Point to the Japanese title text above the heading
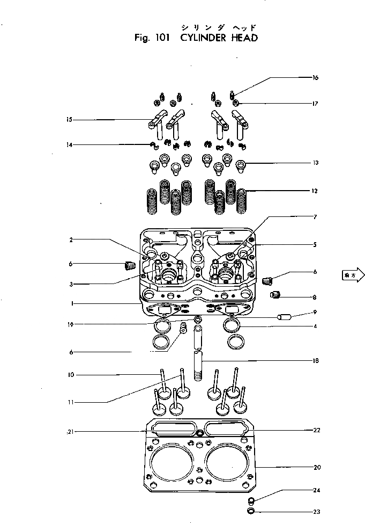pos(218,26)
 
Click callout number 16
pos(316,78)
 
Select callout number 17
pos(316,103)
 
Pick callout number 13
pos(316,163)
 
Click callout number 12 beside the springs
pos(316,191)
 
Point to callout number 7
pos(316,217)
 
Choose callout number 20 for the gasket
pos(317,467)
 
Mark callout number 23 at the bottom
pos(317,512)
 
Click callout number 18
pos(316,361)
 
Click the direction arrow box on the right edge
pos(352,275)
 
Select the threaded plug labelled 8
pos(276,294)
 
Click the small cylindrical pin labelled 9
pos(283,317)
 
